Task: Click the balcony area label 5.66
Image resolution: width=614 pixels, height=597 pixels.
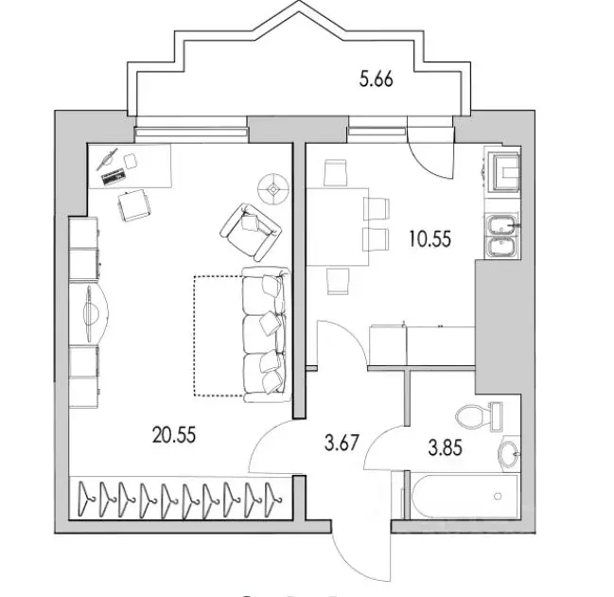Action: tap(376, 80)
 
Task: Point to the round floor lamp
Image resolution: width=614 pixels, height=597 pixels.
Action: tap(274, 187)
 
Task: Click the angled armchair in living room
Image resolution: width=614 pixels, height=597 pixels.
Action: tap(251, 230)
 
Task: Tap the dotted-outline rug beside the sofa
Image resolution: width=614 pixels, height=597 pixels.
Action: tap(218, 334)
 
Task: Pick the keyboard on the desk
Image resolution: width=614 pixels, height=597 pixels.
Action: tap(114, 176)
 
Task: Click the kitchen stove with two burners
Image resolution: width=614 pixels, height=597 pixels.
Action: tap(500, 237)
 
